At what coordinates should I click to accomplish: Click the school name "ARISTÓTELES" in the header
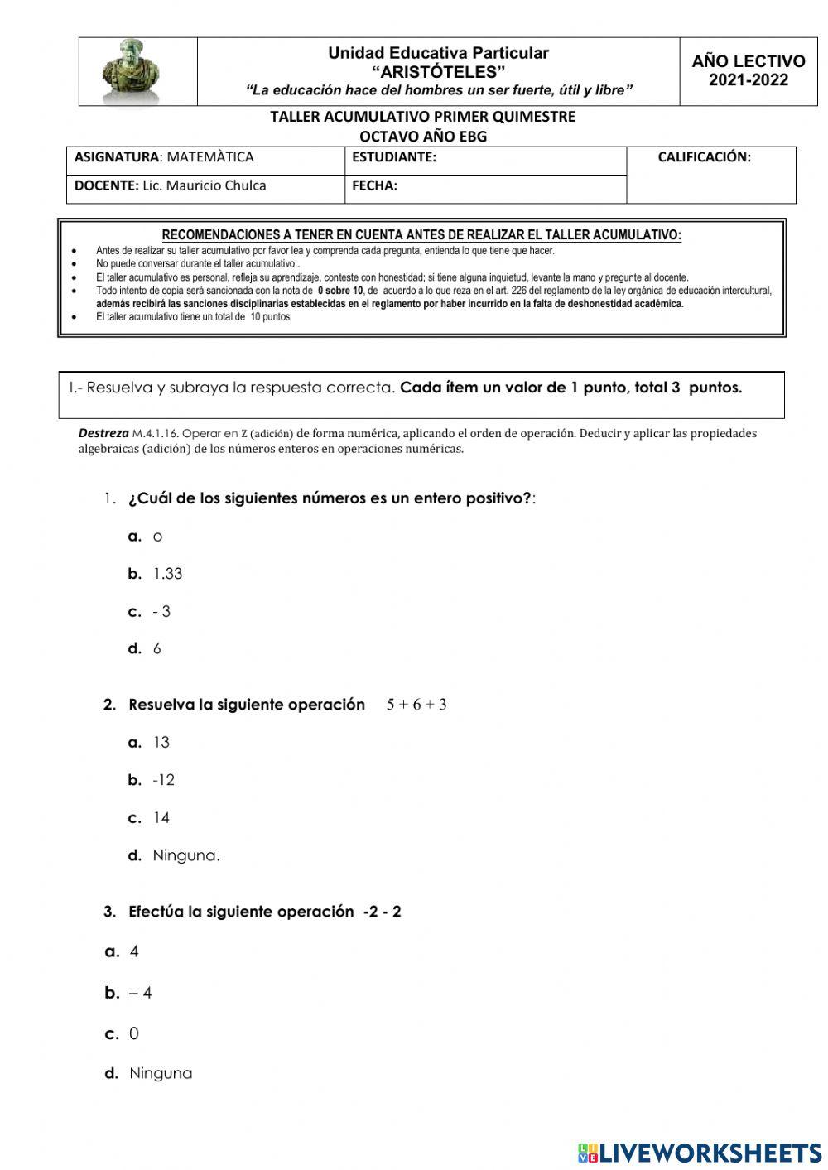pyautogui.click(x=439, y=72)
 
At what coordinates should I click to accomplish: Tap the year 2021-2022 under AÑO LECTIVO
pyautogui.click(x=749, y=81)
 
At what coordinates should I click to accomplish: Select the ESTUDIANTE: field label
pyautogui.click(x=394, y=157)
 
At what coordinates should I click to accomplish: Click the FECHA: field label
pyautogui.click(x=374, y=186)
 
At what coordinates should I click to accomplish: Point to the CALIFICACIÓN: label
pyautogui.click(x=704, y=157)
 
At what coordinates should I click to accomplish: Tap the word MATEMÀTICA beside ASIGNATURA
pyautogui.click(x=210, y=157)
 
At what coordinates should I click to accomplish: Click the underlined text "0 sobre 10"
pyautogui.click(x=340, y=291)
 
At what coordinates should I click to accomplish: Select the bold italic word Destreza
pyautogui.click(x=103, y=433)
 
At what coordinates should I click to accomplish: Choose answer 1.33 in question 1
pyautogui.click(x=167, y=574)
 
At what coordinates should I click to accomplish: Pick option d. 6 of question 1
pyautogui.click(x=156, y=649)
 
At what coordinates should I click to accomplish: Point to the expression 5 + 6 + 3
pyautogui.click(x=416, y=705)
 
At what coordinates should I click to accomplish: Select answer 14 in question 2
pyautogui.click(x=161, y=818)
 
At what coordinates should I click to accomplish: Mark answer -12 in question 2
pyautogui.click(x=163, y=780)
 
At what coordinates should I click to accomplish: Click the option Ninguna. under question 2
pyautogui.click(x=186, y=855)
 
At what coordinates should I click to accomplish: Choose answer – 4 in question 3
pyautogui.click(x=141, y=993)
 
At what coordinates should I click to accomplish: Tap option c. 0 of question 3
pyautogui.click(x=134, y=1033)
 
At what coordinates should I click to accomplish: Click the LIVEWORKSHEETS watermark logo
pyautogui.click(x=700, y=1153)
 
